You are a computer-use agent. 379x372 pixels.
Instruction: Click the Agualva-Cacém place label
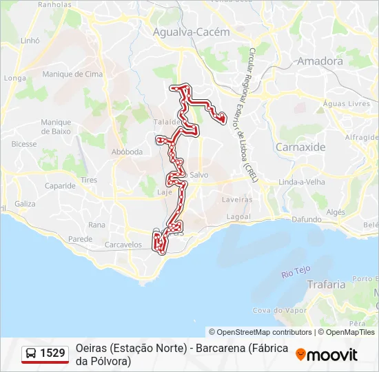tap(181, 32)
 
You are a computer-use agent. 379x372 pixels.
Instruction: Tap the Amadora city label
tap(320, 61)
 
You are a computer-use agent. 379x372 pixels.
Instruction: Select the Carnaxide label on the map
tap(300, 147)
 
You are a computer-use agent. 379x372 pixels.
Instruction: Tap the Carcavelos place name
tap(123, 245)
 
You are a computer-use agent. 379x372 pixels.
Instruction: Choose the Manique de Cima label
tap(68, 74)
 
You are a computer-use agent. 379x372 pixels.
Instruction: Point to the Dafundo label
tap(307, 219)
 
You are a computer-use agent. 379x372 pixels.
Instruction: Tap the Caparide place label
tap(60, 186)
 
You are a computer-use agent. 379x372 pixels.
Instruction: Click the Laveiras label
tap(237, 200)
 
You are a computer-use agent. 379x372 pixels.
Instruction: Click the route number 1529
tap(53, 353)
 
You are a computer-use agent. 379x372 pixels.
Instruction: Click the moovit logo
tap(327, 355)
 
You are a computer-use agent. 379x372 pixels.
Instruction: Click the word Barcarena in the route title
tap(221, 349)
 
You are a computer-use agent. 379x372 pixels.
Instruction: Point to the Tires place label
tap(89, 180)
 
